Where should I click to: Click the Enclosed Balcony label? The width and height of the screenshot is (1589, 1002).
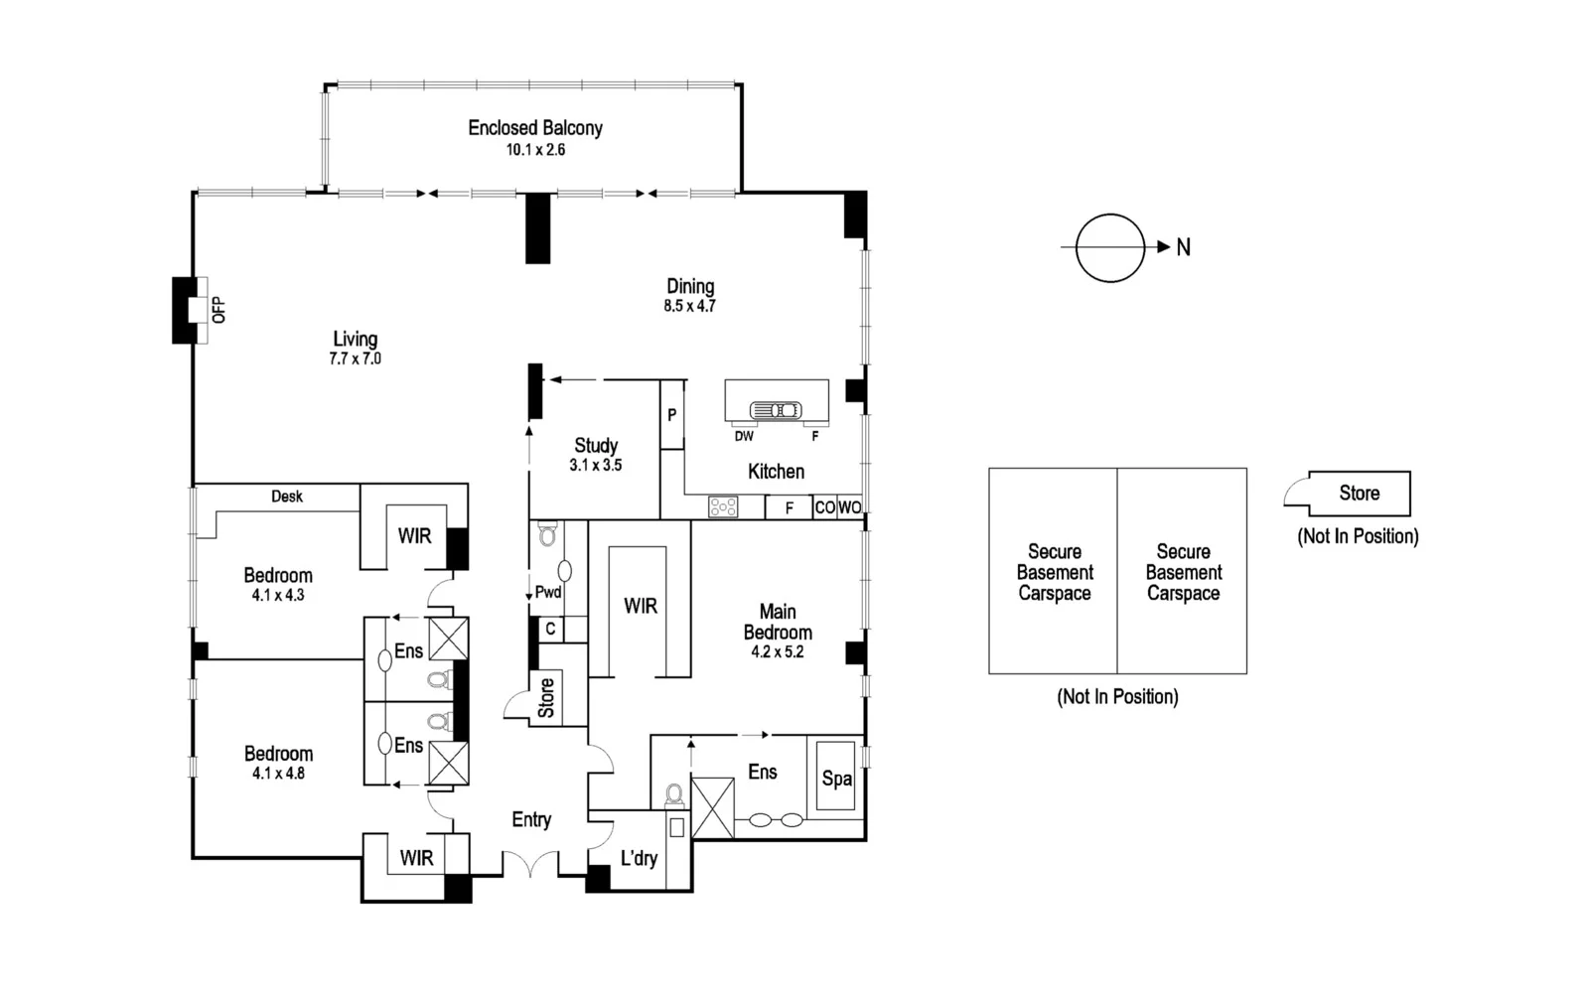pyautogui.click(x=535, y=128)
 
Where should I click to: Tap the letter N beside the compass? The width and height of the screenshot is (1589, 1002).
pyautogui.click(x=1183, y=248)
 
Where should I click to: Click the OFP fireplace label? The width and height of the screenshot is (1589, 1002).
pyautogui.click(x=218, y=310)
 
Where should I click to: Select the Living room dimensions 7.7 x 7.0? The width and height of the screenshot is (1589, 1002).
pyautogui.click(x=355, y=359)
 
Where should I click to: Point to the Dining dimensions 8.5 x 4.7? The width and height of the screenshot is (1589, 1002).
pyautogui.click(x=689, y=307)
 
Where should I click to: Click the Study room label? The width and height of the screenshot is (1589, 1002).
pyautogui.click(x=596, y=446)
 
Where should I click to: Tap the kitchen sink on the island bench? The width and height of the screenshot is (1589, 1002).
pyautogui.click(x=776, y=410)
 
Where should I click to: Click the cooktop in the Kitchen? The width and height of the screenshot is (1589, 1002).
pyautogui.click(x=723, y=507)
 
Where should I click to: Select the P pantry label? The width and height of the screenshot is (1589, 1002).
pyautogui.click(x=672, y=415)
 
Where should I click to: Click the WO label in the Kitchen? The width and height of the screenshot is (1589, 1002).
pyautogui.click(x=849, y=507)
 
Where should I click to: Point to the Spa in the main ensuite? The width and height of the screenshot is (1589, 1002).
pyautogui.click(x=836, y=779)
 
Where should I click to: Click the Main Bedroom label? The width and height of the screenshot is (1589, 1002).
pyautogui.click(x=778, y=622)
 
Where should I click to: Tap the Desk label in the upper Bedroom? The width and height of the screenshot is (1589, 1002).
pyautogui.click(x=287, y=497)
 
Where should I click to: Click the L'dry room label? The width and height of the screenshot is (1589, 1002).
pyautogui.click(x=639, y=858)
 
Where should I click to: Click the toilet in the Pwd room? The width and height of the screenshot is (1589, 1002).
pyautogui.click(x=547, y=536)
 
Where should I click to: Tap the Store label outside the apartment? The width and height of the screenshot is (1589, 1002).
pyautogui.click(x=1359, y=494)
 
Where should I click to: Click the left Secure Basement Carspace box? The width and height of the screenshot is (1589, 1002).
pyautogui.click(x=1054, y=572)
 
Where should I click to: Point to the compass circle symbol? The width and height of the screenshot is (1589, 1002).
pyautogui.click(x=1110, y=248)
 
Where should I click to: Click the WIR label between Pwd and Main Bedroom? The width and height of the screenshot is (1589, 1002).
pyautogui.click(x=640, y=606)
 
